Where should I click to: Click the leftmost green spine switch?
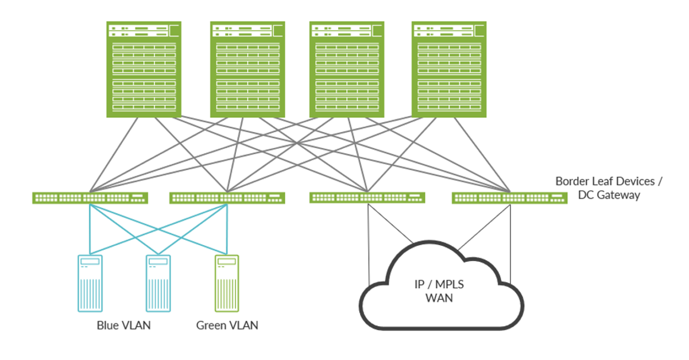144,69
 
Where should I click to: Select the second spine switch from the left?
247,69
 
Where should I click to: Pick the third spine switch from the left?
347,69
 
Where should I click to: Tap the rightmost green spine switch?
449,69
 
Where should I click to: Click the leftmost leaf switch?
90,198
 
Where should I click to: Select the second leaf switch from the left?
227,198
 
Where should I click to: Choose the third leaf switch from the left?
367,198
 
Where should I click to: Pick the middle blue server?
158,283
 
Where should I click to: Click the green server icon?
227,283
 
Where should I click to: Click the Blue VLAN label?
123,326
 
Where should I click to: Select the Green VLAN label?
227,326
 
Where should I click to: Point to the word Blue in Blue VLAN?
108,326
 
